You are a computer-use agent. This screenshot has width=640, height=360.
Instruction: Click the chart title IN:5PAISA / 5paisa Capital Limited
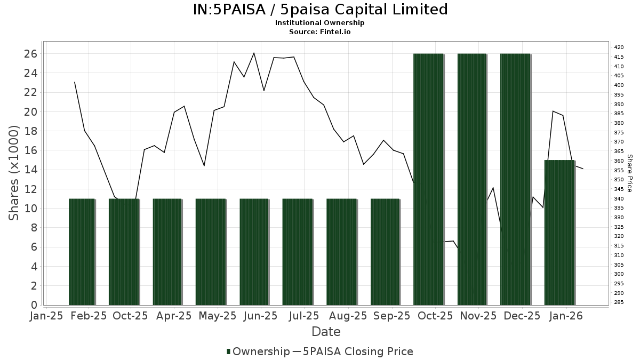tap(320, 10)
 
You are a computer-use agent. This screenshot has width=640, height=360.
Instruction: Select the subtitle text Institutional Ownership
tap(320, 23)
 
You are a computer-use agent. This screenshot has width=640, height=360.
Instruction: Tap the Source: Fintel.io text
tap(320, 31)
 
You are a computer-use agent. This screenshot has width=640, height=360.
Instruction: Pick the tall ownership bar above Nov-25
tap(472, 179)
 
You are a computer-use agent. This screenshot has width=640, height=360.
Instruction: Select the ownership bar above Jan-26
tap(559, 233)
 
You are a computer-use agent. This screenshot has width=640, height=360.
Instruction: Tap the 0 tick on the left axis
tap(34, 305)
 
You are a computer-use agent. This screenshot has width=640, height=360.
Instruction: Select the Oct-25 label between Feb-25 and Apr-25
tap(130, 316)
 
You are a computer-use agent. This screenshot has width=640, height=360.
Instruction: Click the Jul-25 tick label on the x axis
tap(305, 316)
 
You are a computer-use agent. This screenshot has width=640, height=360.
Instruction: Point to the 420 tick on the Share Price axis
tap(619, 47)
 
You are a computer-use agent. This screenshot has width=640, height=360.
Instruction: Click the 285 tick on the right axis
tap(619, 302)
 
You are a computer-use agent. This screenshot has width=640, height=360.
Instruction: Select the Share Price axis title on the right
tap(629, 173)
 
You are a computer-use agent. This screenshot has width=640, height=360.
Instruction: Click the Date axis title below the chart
tap(326, 332)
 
